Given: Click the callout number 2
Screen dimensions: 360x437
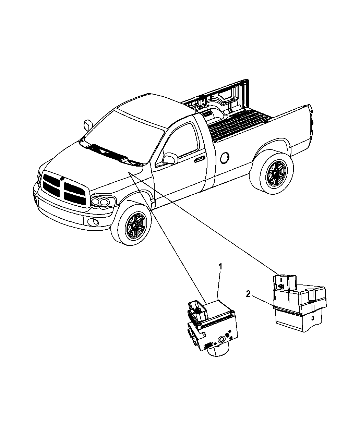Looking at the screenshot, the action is point(248,294).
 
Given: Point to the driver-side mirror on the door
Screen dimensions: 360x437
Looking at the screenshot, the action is point(170,158).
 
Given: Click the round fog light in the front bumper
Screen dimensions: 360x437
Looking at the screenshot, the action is point(93,222).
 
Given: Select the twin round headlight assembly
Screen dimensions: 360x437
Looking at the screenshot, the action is point(103,201).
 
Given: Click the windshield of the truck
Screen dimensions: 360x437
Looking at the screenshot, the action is point(123,136).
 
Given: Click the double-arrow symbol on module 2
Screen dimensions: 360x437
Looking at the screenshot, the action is point(281,286).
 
